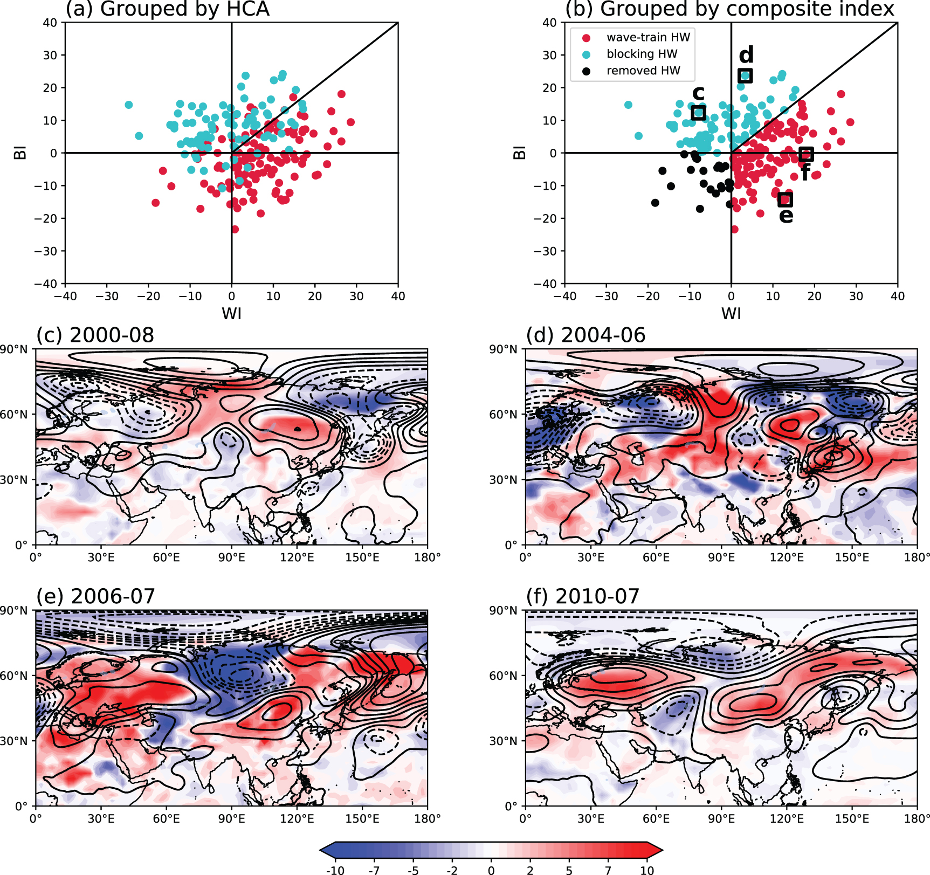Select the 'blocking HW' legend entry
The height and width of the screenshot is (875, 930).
(x=642, y=54)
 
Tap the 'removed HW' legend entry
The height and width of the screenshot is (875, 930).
(x=643, y=71)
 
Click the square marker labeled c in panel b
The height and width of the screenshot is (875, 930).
(x=699, y=113)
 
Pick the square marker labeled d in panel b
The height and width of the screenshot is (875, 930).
(x=745, y=75)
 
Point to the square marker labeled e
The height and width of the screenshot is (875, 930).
(x=786, y=199)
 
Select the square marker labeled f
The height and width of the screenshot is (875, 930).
(x=805, y=154)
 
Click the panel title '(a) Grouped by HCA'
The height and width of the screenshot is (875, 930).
(x=167, y=9)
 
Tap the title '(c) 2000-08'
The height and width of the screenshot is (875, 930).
(x=95, y=335)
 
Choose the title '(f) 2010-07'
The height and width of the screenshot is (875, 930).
(x=582, y=596)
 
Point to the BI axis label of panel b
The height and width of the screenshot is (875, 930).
(x=519, y=153)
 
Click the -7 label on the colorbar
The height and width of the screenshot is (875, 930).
(x=374, y=870)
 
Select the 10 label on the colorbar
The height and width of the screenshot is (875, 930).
(x=647, y=870)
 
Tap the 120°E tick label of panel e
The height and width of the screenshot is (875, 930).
(x=297, y=818)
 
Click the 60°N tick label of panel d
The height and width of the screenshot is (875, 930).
(x=503, y=415)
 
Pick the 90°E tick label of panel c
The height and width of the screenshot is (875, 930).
(x=232, y=557)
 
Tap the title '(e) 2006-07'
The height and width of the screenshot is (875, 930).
(x=95, y=596)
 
